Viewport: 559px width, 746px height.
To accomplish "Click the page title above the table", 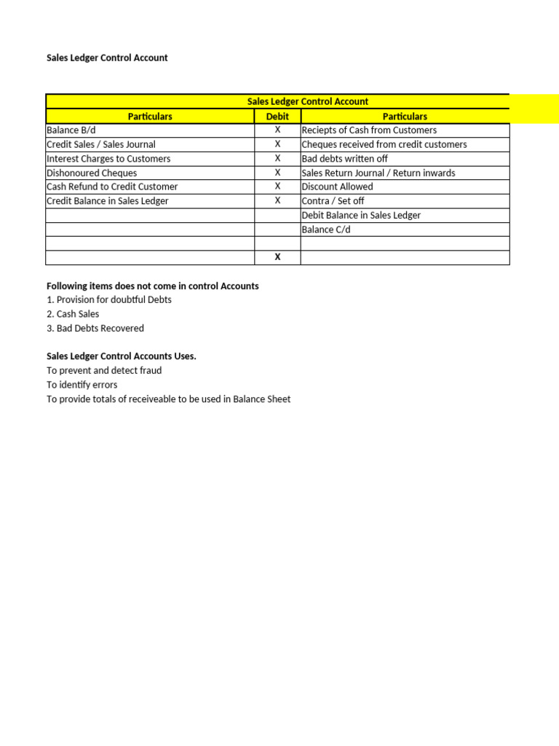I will (x=107, y=58).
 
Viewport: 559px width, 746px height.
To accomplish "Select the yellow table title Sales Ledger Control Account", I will (x=307, y=101).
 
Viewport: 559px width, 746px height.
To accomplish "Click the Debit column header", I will (x=277, y=116).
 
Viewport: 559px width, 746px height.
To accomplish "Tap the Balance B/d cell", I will (x=71, y=130).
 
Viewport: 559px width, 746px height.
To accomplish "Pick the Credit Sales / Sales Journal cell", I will (x=101, y=144).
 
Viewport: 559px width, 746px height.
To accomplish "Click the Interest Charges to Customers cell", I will (x=108, y=158).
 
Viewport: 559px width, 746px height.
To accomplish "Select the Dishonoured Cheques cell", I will (x=92, y=173).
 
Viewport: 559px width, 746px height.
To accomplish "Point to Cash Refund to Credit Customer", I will (x=112, y=186).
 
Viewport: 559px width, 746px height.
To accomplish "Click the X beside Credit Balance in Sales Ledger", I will (x=277, y=200).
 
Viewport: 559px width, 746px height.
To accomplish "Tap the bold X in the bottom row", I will (x=277, y=257).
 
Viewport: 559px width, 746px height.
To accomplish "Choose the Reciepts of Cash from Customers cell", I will (x=369, y=130).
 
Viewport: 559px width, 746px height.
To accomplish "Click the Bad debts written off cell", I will (x=344, y=158).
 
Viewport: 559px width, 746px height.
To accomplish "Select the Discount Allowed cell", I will (x=337, y=186).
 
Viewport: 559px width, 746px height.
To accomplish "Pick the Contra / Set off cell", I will (x=333, y=200).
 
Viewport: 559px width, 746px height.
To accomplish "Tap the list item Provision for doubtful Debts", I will (x=109, y=299).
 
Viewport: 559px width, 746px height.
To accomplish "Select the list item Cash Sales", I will (x=73, y=314).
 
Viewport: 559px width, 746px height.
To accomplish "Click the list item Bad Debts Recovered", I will (x=95, y=328).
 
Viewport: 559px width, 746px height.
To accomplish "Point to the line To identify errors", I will (x=82, y=385).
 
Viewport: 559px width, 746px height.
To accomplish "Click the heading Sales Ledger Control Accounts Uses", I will (x=122, y=356).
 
